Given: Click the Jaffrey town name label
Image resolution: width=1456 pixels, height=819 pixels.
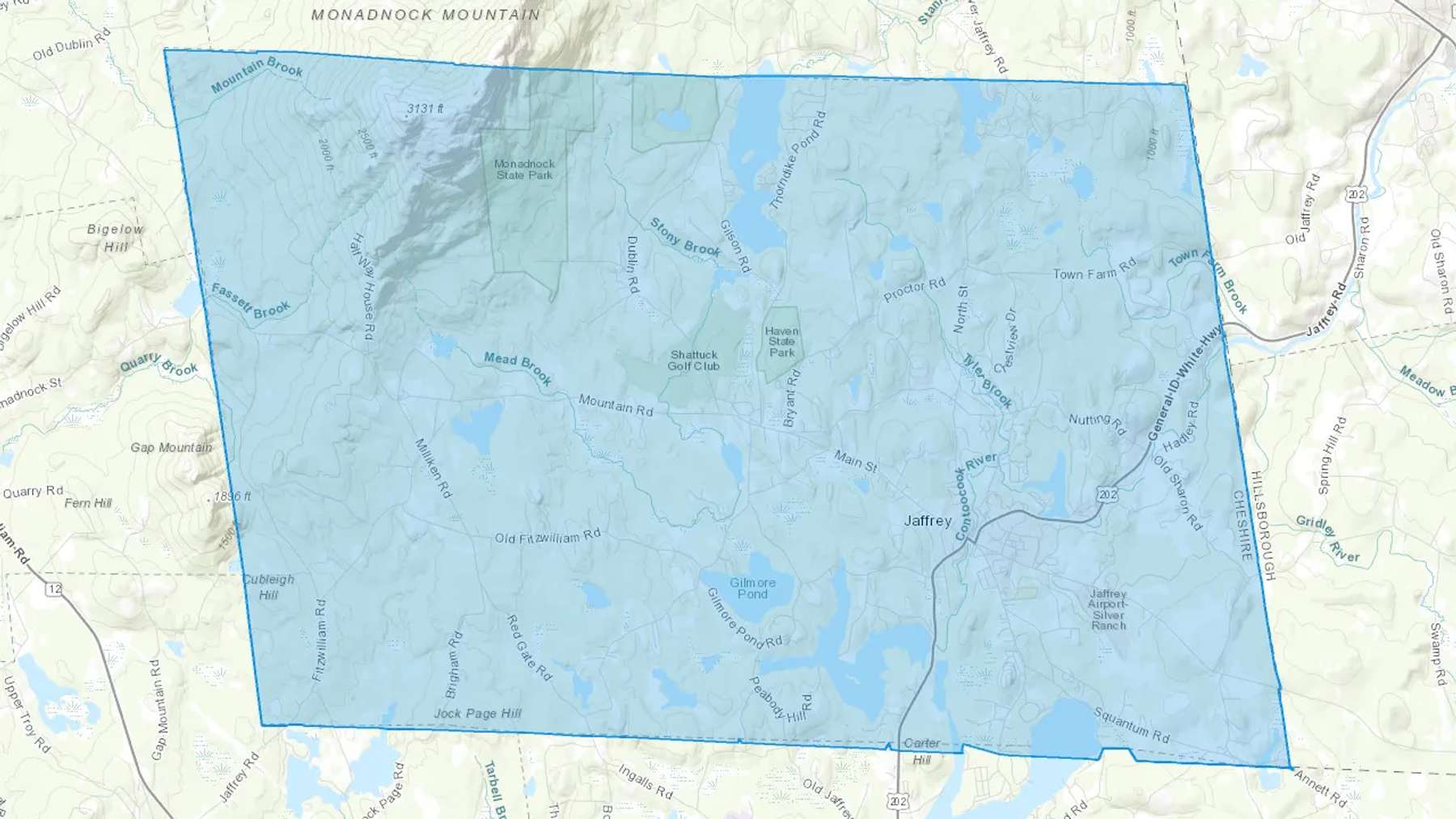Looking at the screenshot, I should pos(927,521).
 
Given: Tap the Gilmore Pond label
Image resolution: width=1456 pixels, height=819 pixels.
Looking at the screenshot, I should pos(752,589).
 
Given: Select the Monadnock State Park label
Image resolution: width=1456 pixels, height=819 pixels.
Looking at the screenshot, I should pos(524,169).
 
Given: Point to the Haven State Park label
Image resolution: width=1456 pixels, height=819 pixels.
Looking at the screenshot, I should pos(781,342).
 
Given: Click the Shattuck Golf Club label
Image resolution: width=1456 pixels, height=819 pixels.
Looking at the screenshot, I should pos(693,361).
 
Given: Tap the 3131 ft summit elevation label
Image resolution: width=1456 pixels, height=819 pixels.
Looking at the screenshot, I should pos(425,108).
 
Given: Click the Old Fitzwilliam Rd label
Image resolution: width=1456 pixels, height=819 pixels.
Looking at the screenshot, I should pos(548,537).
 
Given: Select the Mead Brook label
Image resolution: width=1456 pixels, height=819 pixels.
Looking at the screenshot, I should pos(518,369).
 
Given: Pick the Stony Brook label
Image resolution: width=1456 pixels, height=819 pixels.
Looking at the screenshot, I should pos(685,239).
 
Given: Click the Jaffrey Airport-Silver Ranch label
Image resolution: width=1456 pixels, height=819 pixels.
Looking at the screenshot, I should pos(1107,610).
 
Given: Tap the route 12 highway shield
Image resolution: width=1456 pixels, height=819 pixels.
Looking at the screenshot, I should pos(54,589).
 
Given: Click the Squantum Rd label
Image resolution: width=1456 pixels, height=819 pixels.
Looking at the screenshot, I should pos(1131,725).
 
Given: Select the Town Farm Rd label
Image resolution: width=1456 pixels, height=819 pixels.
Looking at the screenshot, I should pos(1094,270).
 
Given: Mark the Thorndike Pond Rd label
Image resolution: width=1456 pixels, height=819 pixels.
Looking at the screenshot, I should pos(798,161).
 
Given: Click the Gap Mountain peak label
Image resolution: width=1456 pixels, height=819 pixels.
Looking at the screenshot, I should pos(171,448).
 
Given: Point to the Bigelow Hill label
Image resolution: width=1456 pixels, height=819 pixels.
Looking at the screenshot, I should pos(115,238).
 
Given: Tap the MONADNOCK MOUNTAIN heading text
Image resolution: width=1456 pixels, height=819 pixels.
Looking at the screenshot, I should pos(425,15).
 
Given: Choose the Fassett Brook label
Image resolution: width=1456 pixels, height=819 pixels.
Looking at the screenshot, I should pos(250,301).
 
